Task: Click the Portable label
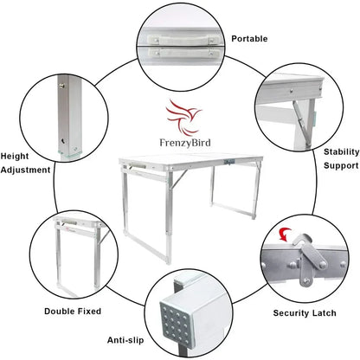pyautogui.click(x=249, y=39)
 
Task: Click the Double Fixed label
pyautogui.click(x=72, y=310)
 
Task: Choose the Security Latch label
pyautogui.click(x=304, y=312)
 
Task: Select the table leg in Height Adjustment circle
pyautogui.click(x=67, y=117)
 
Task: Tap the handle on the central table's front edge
pyautogui.click(x=132, y=166)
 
